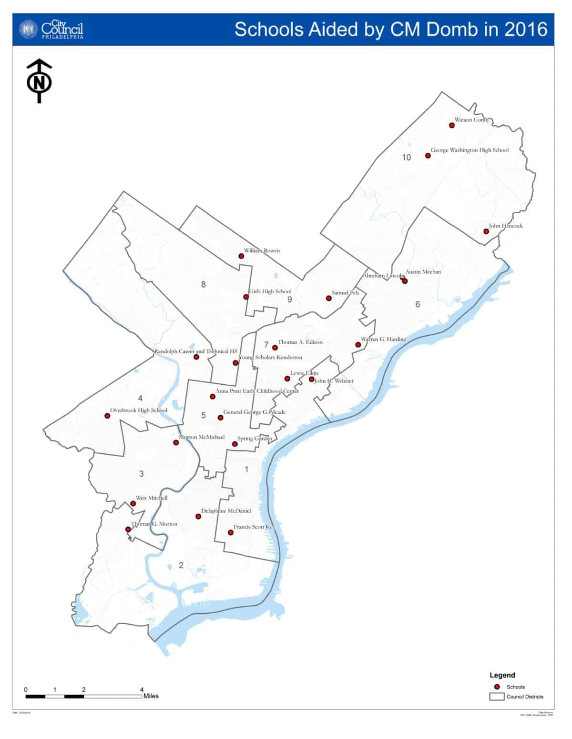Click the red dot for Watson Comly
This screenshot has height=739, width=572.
point(451,125)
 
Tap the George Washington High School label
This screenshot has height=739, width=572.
point(470,150)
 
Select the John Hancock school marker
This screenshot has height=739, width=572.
point(486,231)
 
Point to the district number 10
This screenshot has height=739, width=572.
point(406,158)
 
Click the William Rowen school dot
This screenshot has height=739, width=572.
point(241,256)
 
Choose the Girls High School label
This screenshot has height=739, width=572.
point(270,291)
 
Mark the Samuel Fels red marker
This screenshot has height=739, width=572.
point(328,298)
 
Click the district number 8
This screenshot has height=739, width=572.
point(204,285)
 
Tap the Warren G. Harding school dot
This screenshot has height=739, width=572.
point(358,345)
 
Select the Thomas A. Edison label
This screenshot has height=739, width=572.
point(300,342)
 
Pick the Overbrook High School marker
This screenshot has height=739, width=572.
point(107,416)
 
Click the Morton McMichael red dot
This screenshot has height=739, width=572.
point(176,442)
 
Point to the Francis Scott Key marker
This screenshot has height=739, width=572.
point(231,532)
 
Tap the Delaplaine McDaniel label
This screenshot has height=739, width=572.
point(225,511)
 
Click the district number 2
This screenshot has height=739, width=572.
point(181,565)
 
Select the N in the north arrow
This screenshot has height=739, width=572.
point(39,83)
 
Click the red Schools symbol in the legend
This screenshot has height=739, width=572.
point(497,687)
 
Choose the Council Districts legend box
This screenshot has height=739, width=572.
point(497,697)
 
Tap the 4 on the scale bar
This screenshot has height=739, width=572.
point(142,689)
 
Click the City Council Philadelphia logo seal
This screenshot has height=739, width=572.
point(28,30)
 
